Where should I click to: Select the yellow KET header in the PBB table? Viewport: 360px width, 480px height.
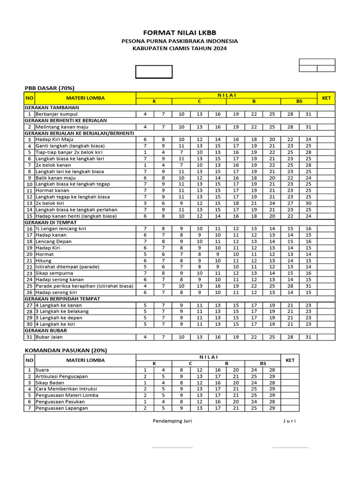326,98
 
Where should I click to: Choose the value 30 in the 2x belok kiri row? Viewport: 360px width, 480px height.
308,203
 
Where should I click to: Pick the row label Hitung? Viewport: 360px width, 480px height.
44,260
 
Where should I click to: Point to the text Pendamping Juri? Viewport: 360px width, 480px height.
172,421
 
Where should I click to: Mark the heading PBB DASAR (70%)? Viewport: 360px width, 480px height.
49,88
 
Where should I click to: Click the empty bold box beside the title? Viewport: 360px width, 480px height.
154,72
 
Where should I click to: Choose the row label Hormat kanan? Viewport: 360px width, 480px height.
52,190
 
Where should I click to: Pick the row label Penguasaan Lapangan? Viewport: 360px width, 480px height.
61,408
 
